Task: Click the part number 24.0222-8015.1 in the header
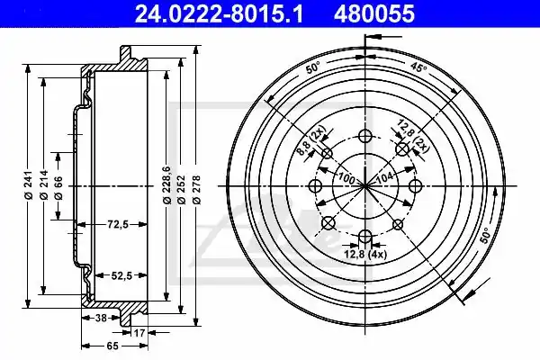pyautogui.click(x=219, y=13)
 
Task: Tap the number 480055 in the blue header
pyautogui.click(x=374, y=13)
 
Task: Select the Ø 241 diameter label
pyautogui.click(x=28, y=184)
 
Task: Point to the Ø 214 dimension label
pyautogui.click(x=44, y=184)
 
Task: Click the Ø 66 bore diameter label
pyautogui.click(x=58, y=188)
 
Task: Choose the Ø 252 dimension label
pyautogui.click(x=182, y=190)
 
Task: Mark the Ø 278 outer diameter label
pyautogui.click(x=196, y=190)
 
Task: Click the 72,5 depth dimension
pyautogui.click(x=118, y=225)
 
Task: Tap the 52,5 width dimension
pyautogui.click(x=121, y=275)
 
